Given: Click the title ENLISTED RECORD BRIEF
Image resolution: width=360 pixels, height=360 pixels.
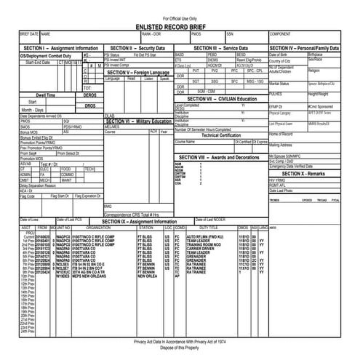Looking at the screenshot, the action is (x=180, y=25).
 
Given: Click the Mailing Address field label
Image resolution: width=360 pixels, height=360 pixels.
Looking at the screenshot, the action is (x=282, y=145).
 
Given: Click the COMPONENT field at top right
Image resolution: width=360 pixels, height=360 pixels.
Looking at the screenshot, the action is (x=281, y=34).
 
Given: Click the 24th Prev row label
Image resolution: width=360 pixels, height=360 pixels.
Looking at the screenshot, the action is (x=28, y=332).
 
